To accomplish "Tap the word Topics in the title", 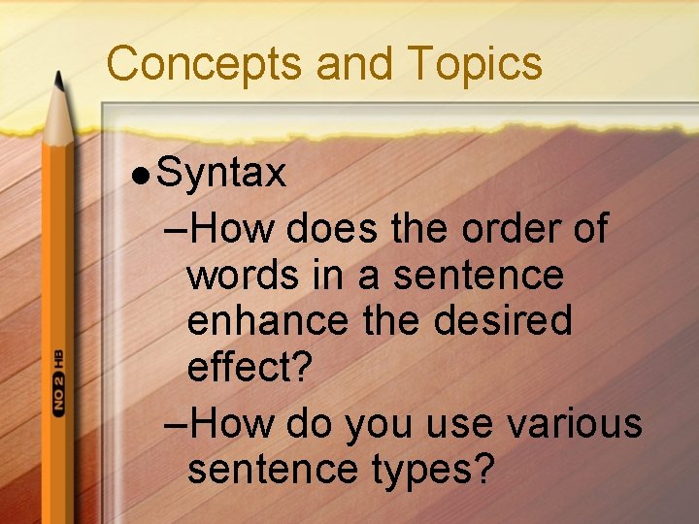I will pyautogui.click(x=475, y=64).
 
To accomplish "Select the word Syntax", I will pyautogui.click(x=221, y=175).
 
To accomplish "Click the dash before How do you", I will pyautogui.click(x=178, y=425).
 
